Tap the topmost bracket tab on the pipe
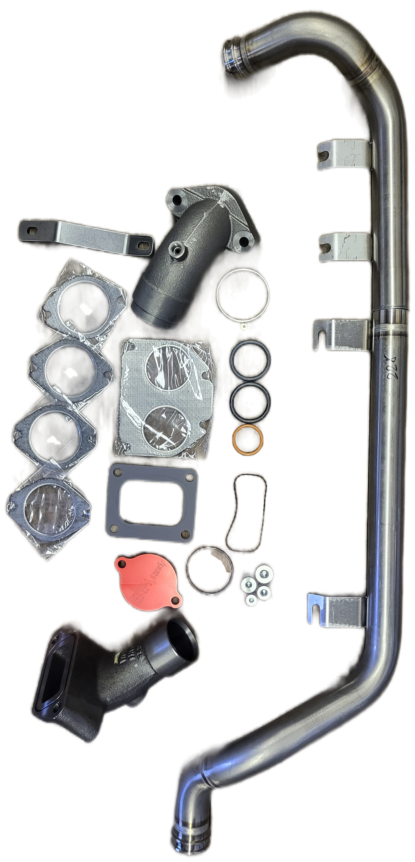pos(343,155)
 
